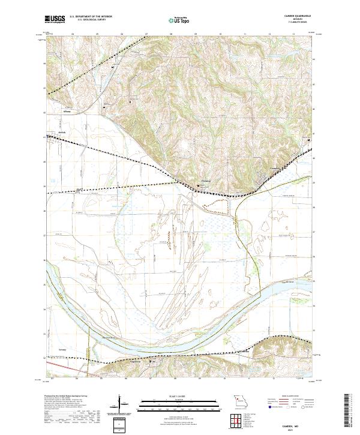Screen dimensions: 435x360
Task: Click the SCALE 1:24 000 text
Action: click(179, 397)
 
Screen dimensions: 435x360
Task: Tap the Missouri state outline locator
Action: click(241, 400)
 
